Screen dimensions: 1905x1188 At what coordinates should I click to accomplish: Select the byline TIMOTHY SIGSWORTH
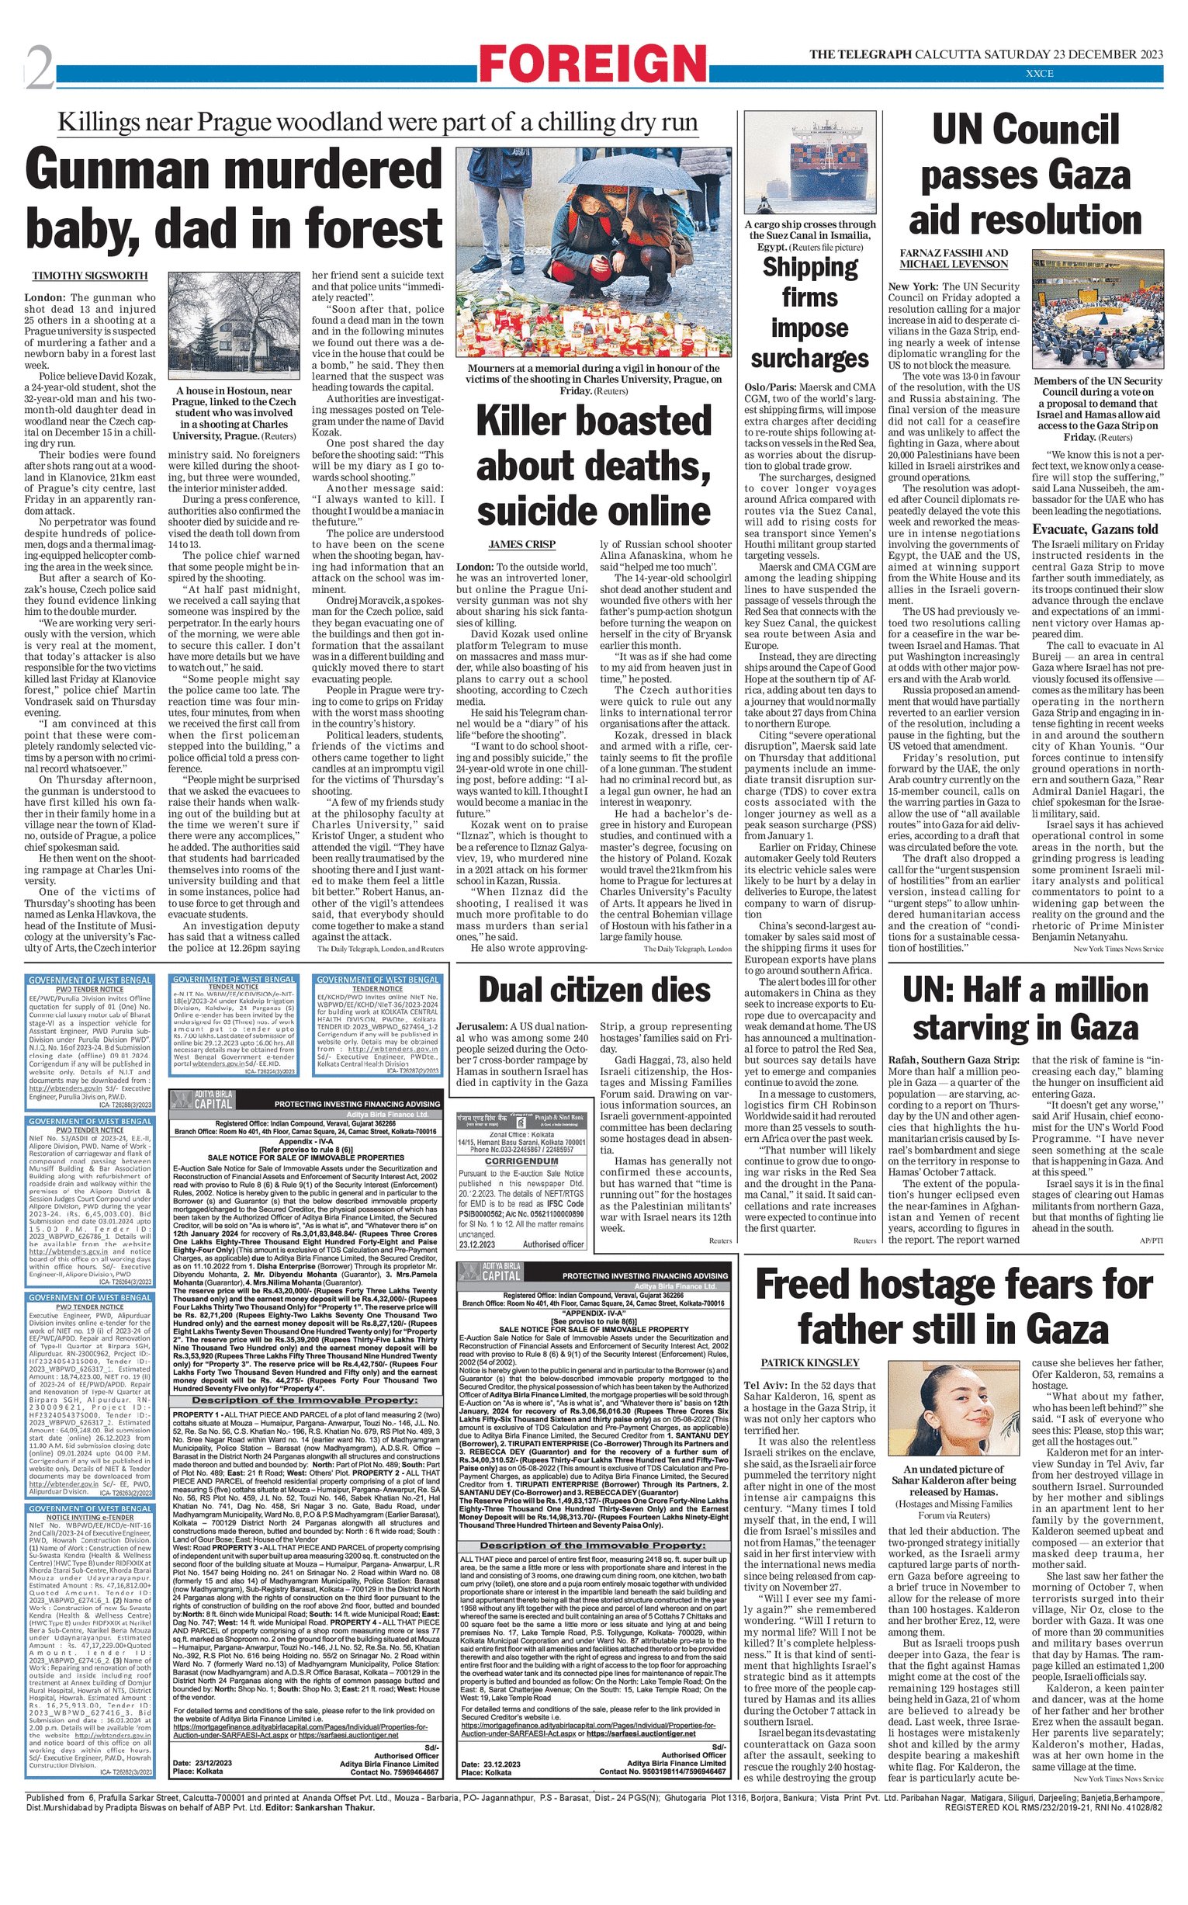click(x=89, y=276)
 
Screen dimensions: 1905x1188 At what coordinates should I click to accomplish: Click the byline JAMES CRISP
click(x=521, y=544)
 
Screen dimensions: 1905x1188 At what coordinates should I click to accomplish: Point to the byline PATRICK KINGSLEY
click(x=809, y=1362)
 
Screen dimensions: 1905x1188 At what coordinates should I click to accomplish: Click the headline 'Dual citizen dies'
click(x=594, y=991)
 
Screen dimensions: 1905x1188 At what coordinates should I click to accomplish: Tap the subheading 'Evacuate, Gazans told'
click(x=1095, y=529)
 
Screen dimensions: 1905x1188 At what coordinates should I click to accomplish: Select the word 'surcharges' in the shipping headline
click(x=809, y=359)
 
